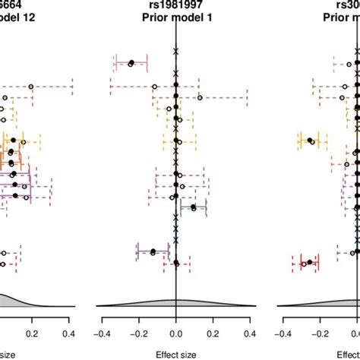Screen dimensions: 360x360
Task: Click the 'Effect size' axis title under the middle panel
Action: (175, 352)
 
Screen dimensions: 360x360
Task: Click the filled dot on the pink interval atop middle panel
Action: (132, 63)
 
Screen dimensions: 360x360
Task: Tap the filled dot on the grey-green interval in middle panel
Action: (193, 207)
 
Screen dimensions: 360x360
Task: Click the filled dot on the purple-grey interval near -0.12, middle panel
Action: (153, 251)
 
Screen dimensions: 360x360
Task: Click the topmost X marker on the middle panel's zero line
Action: (176, 51)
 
